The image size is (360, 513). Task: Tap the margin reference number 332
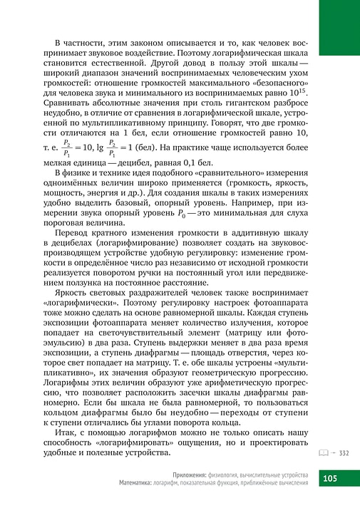(344, 452)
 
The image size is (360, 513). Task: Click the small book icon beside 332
(320, 452)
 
